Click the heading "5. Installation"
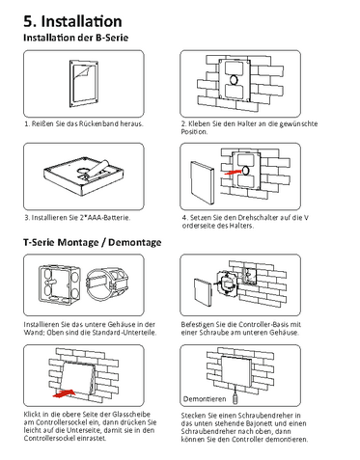pyautogui.click(x=72, y=21)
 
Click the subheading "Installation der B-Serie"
pyautogui.click(x=76, y=38)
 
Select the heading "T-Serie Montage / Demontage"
pyautogui.click(x=93, y=242)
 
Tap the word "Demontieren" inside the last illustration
pyautogui.click(x=205, y=399)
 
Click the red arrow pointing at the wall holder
pyautogui.click(x=233, y=172)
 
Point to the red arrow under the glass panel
pyautogui.click(x=65, y=393)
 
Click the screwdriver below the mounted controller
pyautogui.click(x=235, y=396)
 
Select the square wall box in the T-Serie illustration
pyautogui.click(x=60, y=284)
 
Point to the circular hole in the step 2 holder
pyautogui.click(x=234, y=80)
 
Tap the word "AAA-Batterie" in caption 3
pyautogui.click(x=107, y=218)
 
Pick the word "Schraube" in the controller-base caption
pyautogui.click(x=214, y=333)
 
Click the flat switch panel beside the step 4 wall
pyautogui.click(x=202, y=182)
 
